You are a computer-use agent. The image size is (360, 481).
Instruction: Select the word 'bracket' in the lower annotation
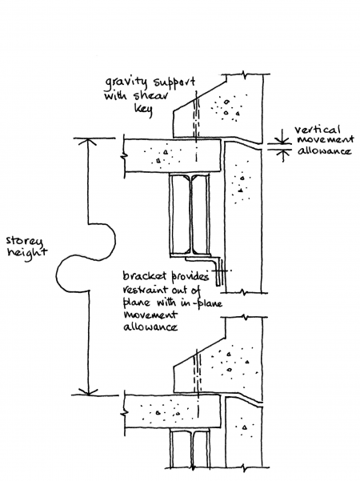point(145,275)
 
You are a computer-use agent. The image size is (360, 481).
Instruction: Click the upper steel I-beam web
point(190,212)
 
